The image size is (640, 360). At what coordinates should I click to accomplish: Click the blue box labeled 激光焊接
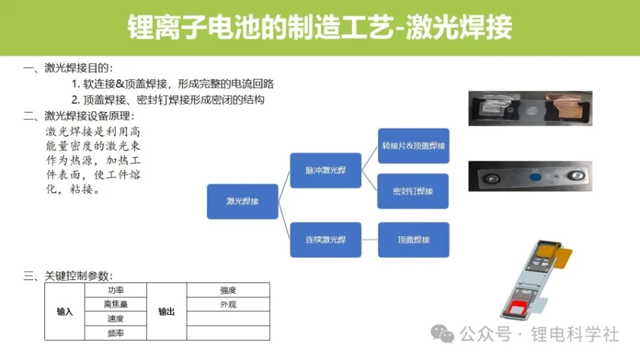pos(242,201)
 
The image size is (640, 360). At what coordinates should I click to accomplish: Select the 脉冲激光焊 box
pos(326,170)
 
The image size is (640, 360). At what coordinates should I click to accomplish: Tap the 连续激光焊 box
pos(326,239)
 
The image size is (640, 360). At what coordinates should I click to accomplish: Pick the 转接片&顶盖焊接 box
pos(414,146)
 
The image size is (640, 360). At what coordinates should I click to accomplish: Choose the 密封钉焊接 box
pos(413,191)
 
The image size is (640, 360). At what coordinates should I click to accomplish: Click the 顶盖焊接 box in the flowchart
pos(414,239)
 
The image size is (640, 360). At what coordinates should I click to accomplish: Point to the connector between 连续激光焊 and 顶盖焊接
pos(370,239)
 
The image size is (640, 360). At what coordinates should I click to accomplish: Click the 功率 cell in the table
pos(116,290)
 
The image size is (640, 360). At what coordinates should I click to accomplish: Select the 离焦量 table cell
pos(116,304)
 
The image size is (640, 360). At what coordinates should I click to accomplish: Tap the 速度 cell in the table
pos(116,318)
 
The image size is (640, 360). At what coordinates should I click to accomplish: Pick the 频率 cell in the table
pos(116,333)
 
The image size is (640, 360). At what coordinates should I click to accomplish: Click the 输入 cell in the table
pos(64,311)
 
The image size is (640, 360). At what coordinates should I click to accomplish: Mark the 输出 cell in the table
pos(166,311)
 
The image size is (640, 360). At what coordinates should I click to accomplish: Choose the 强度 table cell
pos(228,290)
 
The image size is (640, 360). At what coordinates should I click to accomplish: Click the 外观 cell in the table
pos(228,304)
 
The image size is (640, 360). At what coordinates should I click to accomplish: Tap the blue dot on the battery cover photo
pos(536,177)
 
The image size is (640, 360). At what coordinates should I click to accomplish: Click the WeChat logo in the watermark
pos(442,334)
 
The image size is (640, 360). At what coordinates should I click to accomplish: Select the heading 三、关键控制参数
pos(68,276)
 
